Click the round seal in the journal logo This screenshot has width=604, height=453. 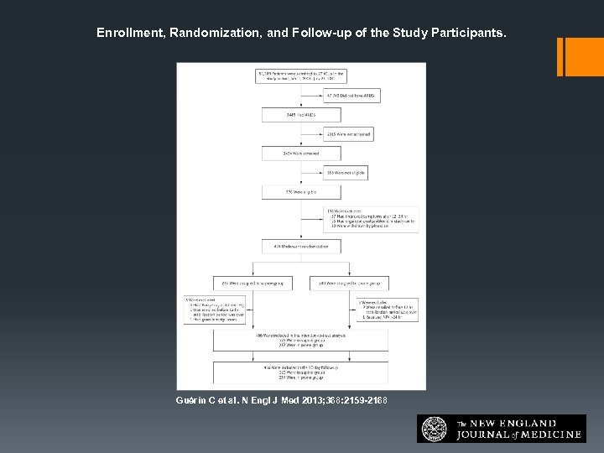tap(435, 428)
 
